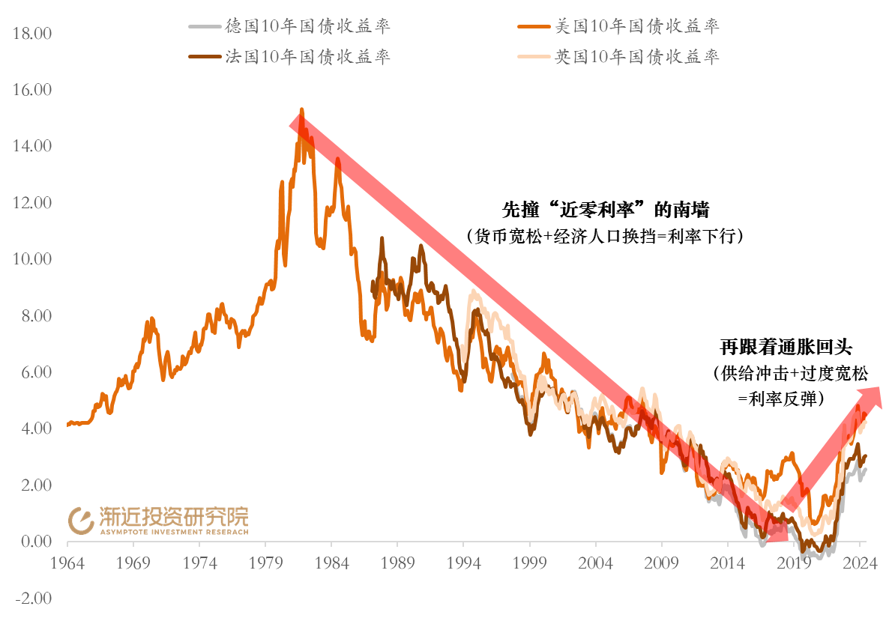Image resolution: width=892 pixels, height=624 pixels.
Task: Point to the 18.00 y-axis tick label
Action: (x=31, y=34)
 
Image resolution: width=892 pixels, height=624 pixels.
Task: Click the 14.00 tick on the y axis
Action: (x=31, y=146)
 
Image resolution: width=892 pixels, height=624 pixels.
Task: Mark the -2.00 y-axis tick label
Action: (x=31, y=599)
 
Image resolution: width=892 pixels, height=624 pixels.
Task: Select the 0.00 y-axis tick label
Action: (x=31, y=542)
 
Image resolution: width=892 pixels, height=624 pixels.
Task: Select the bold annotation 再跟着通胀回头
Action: (x=786, y=348)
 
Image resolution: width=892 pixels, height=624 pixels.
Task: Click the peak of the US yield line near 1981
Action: (x=301, y=110)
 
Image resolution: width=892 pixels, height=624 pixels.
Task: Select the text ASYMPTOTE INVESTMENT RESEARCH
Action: (x=173, y=532)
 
